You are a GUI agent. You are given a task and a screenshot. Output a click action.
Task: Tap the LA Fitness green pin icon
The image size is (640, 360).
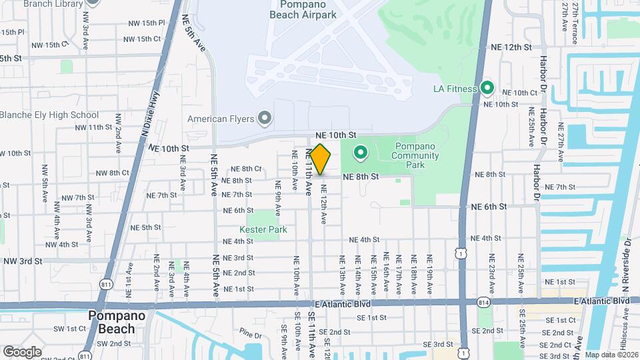[x=487, y=88]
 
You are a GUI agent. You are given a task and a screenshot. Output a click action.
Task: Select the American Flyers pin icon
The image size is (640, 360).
[x=265, y=119]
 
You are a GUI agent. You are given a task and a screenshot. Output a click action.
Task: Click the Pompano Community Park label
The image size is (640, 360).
[x=416, y=151]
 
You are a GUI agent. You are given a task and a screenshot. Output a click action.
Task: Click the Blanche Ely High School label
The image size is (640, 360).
[x=50, y=115]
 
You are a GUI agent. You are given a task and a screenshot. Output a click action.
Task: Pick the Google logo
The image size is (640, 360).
[x=22, y=351]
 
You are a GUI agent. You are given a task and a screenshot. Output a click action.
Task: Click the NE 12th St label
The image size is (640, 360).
[x=511, y=47]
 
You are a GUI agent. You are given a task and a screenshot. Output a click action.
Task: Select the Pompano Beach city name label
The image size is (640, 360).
[x=112, y=321]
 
